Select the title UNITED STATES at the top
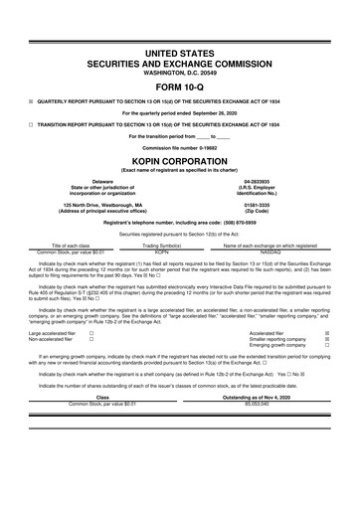(179, 51)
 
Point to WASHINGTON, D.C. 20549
(179, 72)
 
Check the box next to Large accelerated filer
(90, 333)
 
